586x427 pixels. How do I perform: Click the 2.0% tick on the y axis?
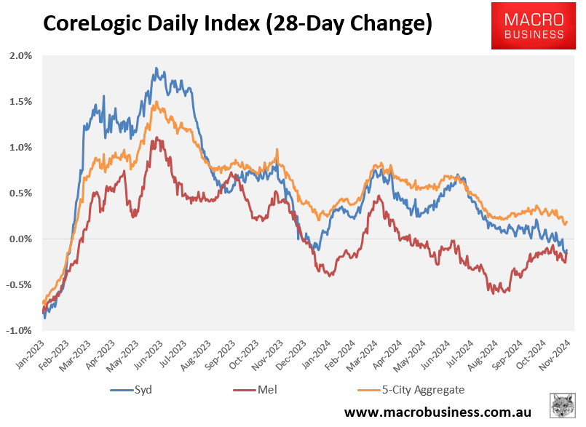point(20,56)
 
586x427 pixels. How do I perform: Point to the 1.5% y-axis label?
point(20,102)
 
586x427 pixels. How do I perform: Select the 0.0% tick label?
point(20,239)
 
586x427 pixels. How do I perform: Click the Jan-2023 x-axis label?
point(30,352)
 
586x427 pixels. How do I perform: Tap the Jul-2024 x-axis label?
point(472,352)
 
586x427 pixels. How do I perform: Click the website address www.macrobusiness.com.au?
point(437,412)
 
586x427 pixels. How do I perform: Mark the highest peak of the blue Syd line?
point(156,68)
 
